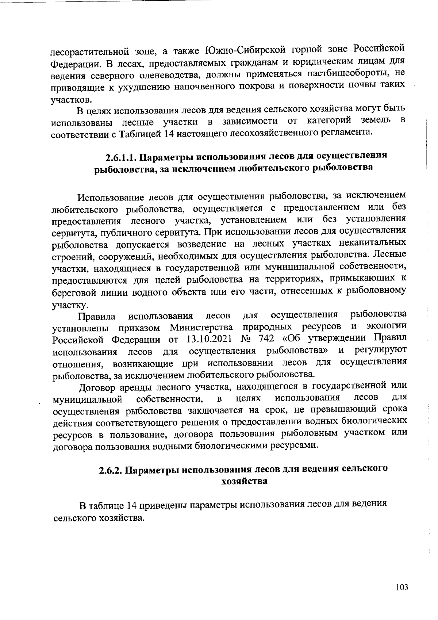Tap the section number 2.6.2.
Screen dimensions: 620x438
pos(111,470)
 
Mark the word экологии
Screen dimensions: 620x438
pos(386,325)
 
